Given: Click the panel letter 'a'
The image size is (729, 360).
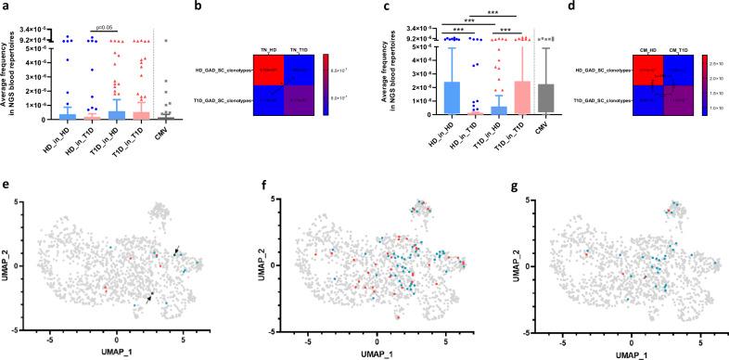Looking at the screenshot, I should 5,6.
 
